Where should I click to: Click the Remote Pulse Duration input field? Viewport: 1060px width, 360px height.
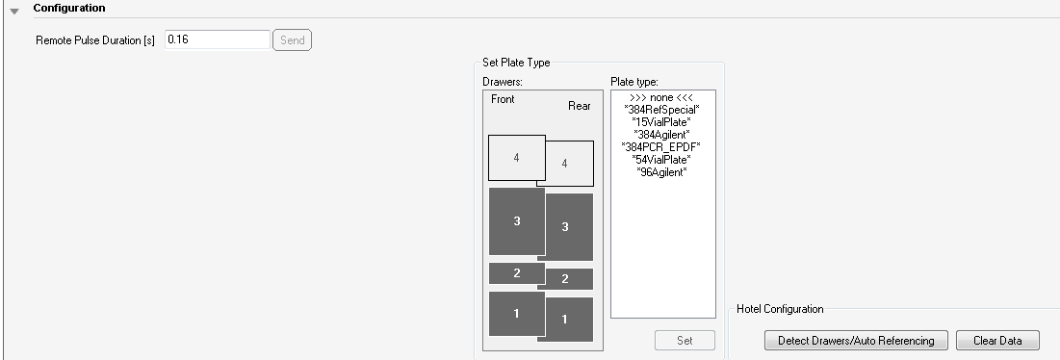[217, 39]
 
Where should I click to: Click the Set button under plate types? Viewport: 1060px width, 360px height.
[685, 341]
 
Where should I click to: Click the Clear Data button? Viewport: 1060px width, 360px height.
[997, 341]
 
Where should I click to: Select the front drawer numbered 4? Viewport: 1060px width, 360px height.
[516, 157]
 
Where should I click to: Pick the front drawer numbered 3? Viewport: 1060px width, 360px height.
[516, 221]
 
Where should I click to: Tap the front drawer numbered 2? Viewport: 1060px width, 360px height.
[516, 273]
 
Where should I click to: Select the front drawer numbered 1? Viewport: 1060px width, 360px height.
[516, 314]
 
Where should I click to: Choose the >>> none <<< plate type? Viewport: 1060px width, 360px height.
[661, 98]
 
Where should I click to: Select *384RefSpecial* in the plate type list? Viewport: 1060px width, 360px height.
[661, 110]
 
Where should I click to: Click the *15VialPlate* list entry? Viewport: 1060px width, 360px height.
[661, 122]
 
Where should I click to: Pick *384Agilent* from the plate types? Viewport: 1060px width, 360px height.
[661, 135]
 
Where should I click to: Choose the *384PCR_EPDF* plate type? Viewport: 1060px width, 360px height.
[661, 147]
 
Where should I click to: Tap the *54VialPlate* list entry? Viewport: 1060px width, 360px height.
[661, 160]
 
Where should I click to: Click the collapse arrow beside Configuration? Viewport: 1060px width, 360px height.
[14, 11]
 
